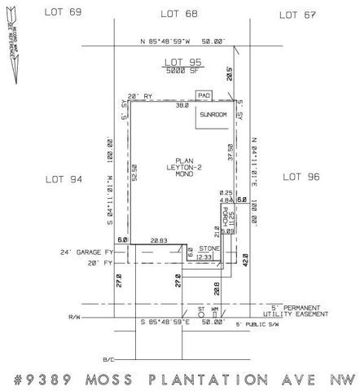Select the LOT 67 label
(x=298, y=14)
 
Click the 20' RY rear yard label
(x=141, y=96)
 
